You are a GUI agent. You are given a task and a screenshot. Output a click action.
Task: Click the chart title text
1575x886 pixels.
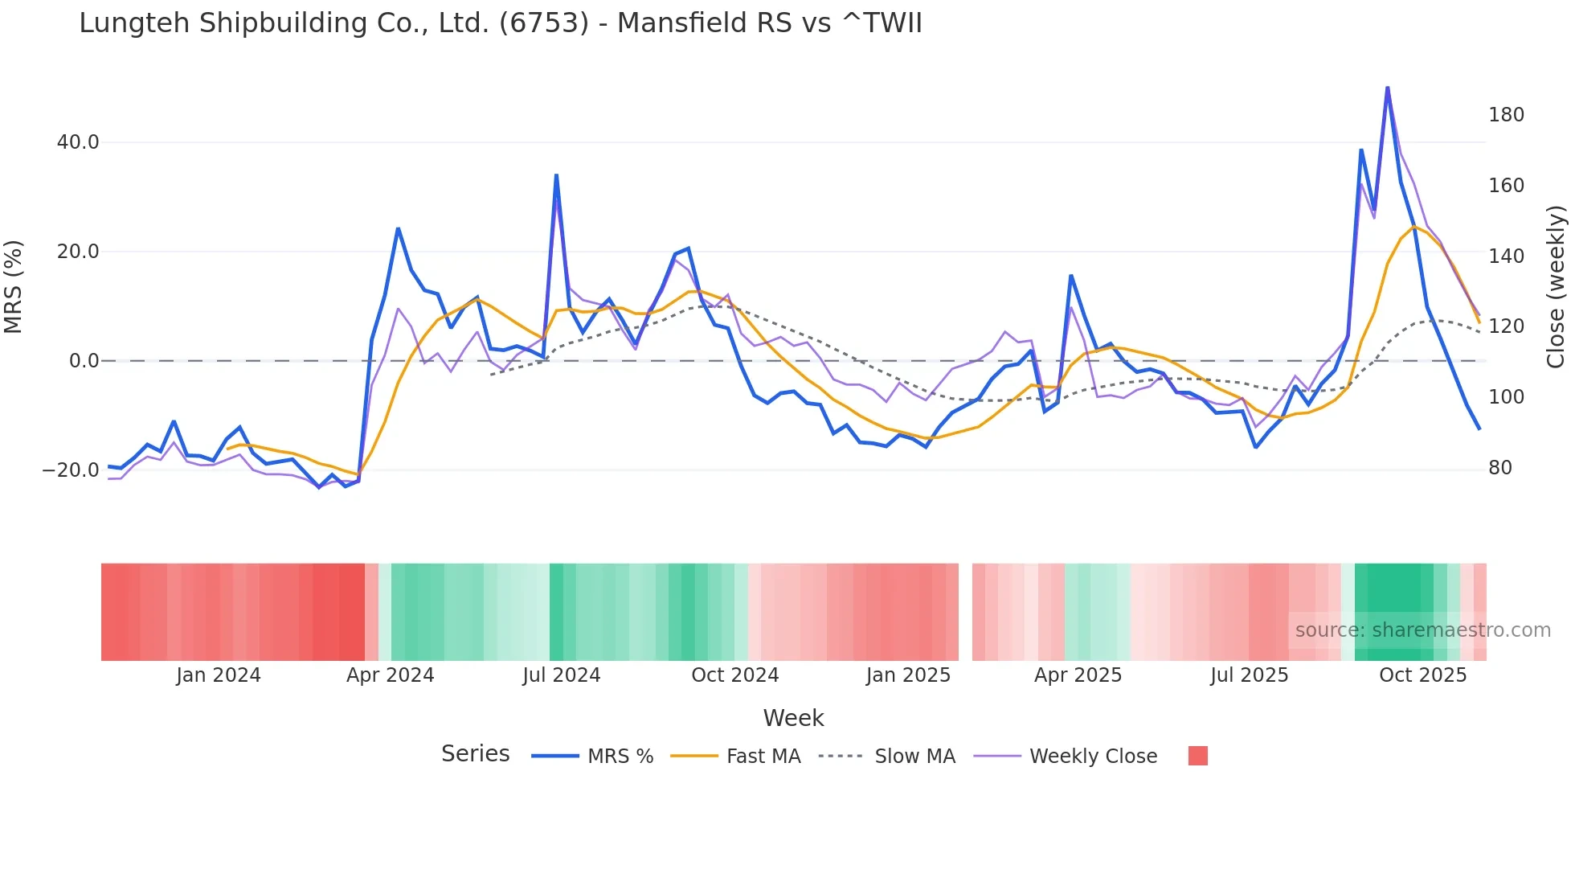pos(500,23)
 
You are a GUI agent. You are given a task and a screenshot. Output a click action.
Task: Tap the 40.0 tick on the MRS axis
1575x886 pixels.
pos(77,142)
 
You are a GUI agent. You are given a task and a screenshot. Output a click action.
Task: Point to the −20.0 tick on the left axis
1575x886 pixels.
pos(71,470)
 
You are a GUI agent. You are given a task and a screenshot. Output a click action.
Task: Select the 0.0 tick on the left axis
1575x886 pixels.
pos(84,361)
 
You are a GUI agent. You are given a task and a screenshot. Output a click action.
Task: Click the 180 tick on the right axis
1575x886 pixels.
pos(1505,115)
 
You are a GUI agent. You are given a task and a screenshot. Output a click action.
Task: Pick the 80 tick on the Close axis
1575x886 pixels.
pos(1499,468)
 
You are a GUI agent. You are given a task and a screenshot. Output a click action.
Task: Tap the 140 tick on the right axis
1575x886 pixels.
pos(1505,256)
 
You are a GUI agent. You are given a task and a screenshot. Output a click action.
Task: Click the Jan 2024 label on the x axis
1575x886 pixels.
pos(219,675)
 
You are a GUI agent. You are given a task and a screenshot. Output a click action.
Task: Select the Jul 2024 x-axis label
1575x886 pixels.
pos(561,675)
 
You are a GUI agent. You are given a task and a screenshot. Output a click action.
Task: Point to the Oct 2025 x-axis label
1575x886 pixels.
pos(1422,675)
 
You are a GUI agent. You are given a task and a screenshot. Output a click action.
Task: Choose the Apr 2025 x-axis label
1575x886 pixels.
pos(1078,675)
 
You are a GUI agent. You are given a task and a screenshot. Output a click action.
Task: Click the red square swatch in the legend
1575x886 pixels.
pos(1197,756)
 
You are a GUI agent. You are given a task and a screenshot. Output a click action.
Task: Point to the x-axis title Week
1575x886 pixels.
pos(793,718)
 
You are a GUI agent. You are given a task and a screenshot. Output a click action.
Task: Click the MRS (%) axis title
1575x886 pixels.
pos(14,287)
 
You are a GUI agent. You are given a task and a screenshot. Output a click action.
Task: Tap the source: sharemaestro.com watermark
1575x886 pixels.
pos(1422,630)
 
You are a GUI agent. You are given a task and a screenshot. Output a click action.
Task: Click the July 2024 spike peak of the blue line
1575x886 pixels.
pos(556,175)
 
